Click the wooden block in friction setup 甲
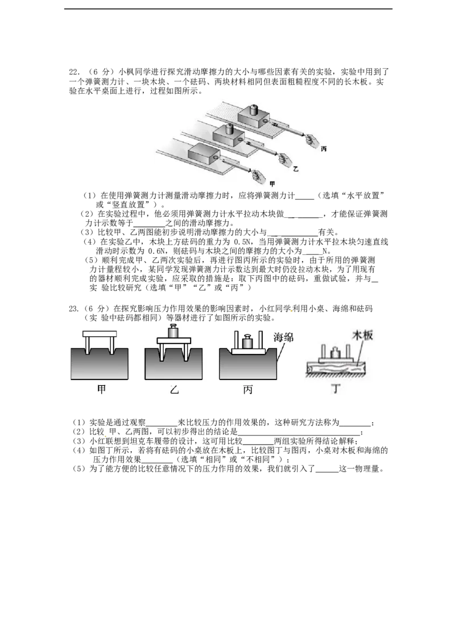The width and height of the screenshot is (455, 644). [205, 155]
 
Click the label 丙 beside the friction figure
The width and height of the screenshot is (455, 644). [324, 148]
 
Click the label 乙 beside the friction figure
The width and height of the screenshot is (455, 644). [296, 168]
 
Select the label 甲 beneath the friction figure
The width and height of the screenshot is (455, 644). [272, 184]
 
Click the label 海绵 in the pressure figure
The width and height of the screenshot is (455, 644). [284, 337]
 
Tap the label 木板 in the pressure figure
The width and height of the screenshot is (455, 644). [363, 335]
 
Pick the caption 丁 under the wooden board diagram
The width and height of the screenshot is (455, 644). [336, 388]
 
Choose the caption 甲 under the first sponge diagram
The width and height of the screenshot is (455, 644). [101, 389]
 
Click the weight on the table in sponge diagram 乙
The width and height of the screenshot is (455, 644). [173, 331]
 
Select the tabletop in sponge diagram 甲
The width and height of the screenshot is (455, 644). [100, 335]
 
